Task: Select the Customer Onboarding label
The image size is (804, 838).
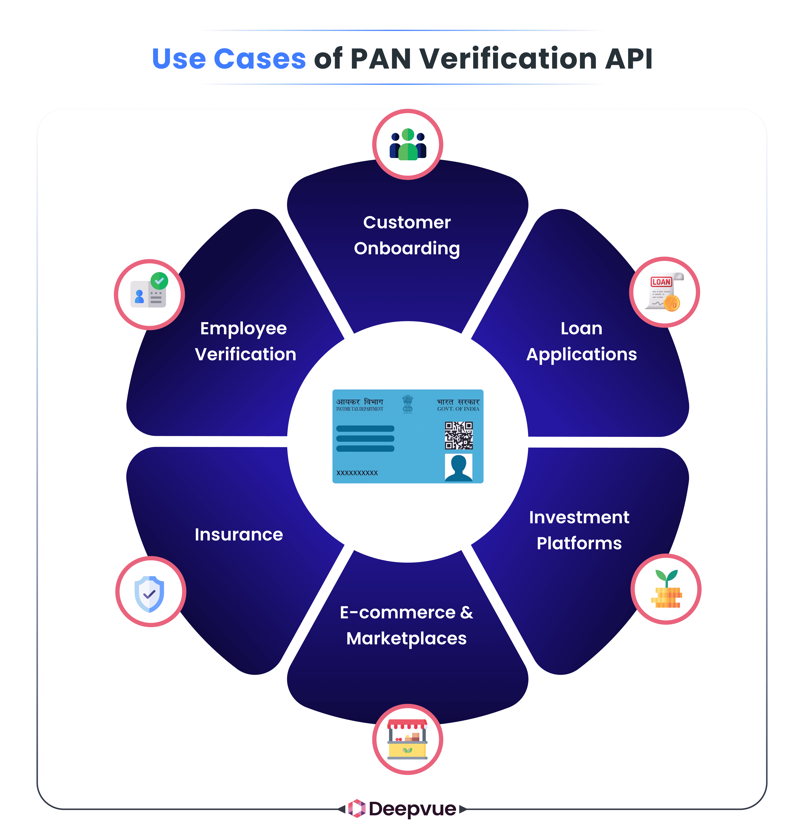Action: pos(407,235)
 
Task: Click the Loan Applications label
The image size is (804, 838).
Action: pos(581,341)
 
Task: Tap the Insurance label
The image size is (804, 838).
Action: pos(239,534)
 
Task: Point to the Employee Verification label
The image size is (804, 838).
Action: pos(245,341)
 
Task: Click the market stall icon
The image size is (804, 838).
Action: pos(407,739)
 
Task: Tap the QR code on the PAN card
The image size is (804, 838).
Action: pos(458,435)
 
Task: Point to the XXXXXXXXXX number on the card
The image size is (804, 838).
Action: pos(357,473)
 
